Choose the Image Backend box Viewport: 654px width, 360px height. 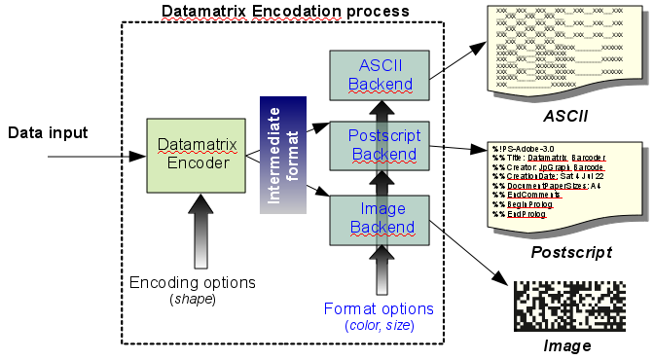point(380,218)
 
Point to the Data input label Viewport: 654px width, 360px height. point(49,133)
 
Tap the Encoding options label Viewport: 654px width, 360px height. point(193,282)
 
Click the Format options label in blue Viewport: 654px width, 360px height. point(380,308)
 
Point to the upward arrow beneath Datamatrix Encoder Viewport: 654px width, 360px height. point(200,229)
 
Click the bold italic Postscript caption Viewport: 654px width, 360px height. point(570,252)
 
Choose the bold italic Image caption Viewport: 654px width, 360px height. point(567,346)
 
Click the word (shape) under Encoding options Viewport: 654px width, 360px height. point(193,298)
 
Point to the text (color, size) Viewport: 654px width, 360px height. point(380,325)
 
